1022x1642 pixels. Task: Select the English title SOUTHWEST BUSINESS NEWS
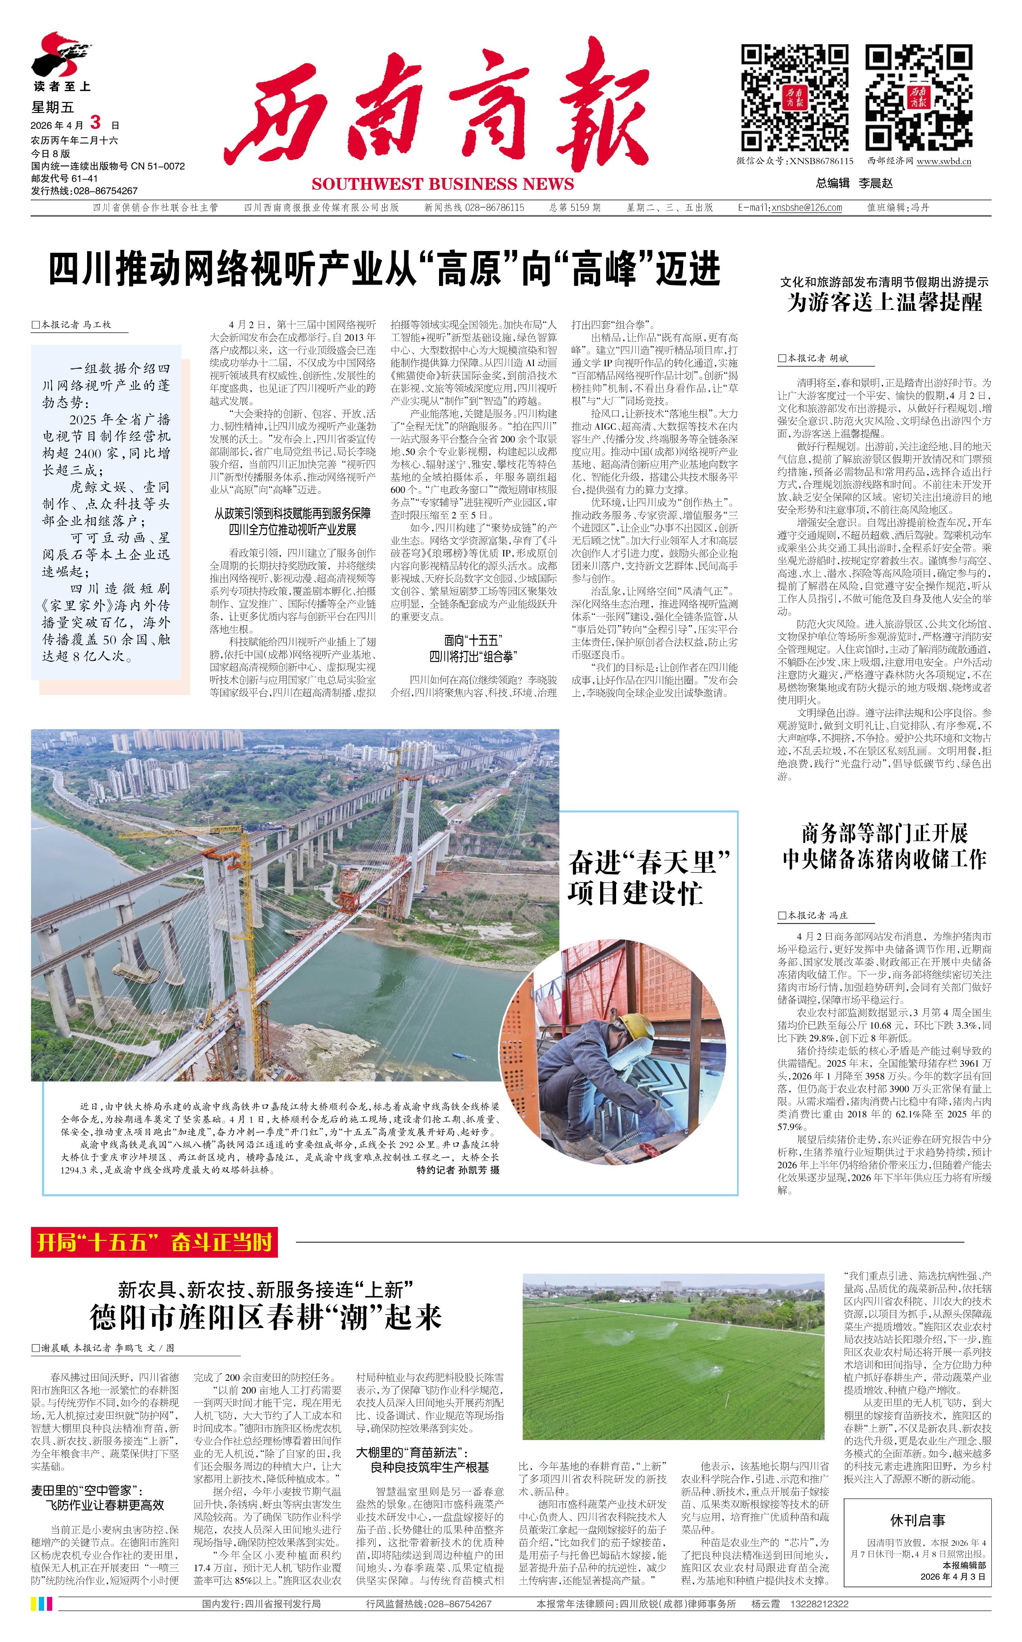tap(443, 184)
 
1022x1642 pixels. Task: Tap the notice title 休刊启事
tap(917, 1520)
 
